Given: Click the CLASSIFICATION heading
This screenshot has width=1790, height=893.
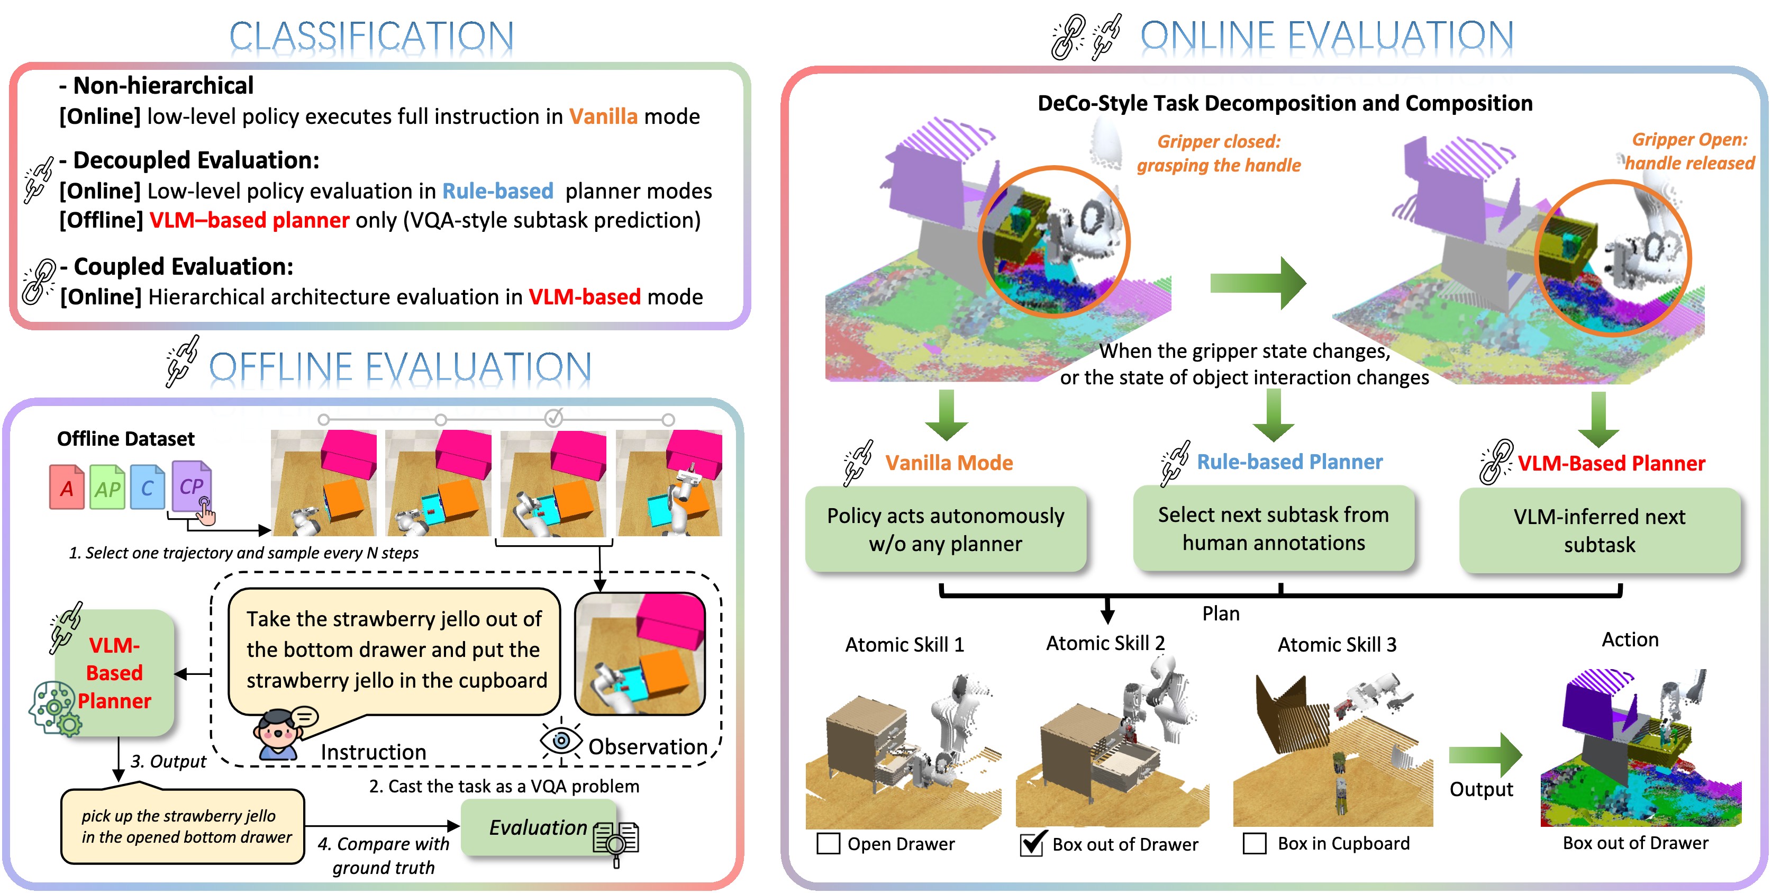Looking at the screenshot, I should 372,36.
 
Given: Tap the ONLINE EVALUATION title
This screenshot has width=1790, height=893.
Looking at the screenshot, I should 1326,36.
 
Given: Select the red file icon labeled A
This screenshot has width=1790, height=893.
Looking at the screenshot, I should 67,488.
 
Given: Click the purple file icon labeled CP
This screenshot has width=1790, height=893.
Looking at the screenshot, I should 190,486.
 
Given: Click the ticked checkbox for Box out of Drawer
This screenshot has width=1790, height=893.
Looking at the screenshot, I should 1031,844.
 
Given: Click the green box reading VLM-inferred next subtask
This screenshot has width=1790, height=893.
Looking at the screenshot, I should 1599,530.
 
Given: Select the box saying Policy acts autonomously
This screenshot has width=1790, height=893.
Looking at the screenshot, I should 945,529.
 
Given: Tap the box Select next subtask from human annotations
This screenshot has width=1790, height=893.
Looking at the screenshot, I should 1273,528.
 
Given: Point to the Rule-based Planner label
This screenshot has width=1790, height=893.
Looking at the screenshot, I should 1289,462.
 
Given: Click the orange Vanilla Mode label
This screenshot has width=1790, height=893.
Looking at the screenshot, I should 949,463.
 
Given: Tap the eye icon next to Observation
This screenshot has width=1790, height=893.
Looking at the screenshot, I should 561,741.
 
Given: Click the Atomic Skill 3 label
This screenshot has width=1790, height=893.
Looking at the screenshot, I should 1336,645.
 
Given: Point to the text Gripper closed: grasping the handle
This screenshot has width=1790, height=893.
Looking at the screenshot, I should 1219,153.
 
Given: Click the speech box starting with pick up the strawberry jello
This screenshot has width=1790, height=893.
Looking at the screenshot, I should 183,826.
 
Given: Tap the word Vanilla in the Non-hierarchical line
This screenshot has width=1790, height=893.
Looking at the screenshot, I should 603,116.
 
